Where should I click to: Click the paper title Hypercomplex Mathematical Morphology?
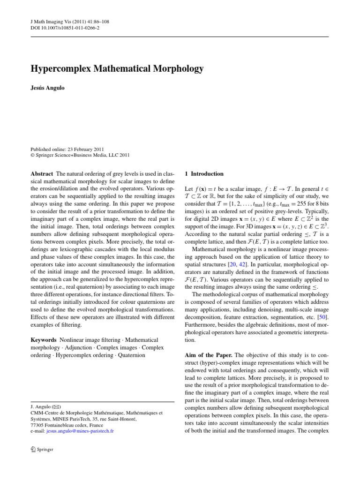click(117, 69)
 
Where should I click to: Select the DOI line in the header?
click(60, 28)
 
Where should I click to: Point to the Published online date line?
click(65, 148)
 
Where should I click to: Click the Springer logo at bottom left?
click(42, 450)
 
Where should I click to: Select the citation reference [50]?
click(323, 318)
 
